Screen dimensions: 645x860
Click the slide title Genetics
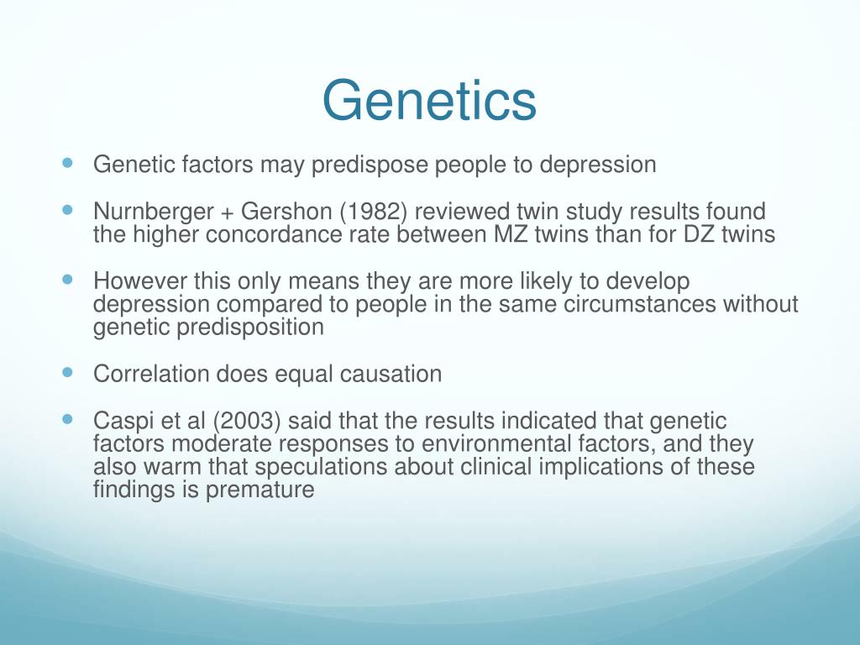429,101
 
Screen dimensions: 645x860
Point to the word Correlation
146,374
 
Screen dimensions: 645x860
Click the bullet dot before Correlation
67,371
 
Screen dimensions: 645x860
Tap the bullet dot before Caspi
67,419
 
